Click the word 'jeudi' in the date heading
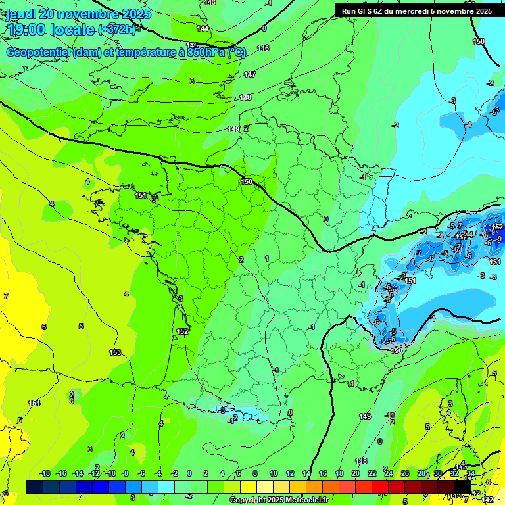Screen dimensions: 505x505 point(20,14)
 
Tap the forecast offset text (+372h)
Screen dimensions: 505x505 point(116,30)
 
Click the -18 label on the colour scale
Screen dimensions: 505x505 point(45,474)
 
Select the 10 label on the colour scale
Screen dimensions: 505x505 point(273,474)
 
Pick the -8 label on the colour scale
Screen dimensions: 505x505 point(124,474)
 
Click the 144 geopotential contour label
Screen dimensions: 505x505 point(203,28)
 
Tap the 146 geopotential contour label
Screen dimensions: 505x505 point(263,48)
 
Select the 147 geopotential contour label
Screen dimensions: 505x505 point(250,74)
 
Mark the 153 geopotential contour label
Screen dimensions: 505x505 point(115,353)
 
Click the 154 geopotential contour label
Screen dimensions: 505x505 point(34,403)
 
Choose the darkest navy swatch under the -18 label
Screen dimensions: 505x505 point(35,487)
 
